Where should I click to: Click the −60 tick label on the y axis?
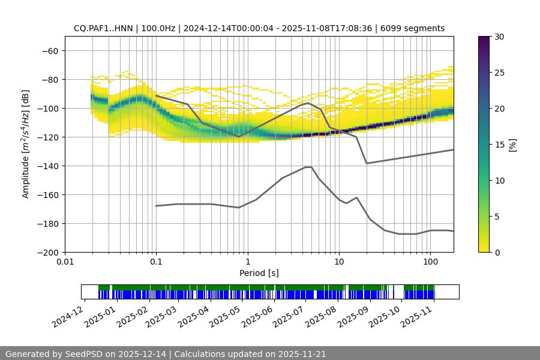[x=49, y=50]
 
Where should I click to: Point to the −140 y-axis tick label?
[x=47, y=166]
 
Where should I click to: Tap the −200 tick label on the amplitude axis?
[x=47, y=252]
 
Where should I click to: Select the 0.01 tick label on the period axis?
[x=65, y=262]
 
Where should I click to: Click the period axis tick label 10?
[x=338, y=262]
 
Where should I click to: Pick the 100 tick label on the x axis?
[x=430, y=262]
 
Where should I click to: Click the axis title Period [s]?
[x=259, y=273]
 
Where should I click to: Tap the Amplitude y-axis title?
[x=26, y=144]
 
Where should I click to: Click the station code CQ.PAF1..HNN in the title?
[x=105, y=28]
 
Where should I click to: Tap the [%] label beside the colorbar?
[x=512, y=145]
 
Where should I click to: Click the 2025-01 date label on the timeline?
[x=100, y=316]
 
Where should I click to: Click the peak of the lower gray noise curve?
[x=308, y=167]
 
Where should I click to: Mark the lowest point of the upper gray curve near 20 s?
[x=367, y=163]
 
